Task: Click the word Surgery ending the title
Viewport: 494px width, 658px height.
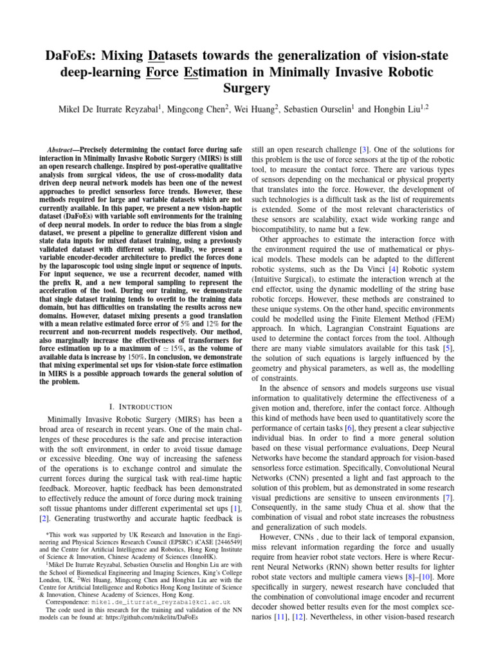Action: [246, 89]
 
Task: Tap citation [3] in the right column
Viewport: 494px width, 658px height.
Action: [365, 148]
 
